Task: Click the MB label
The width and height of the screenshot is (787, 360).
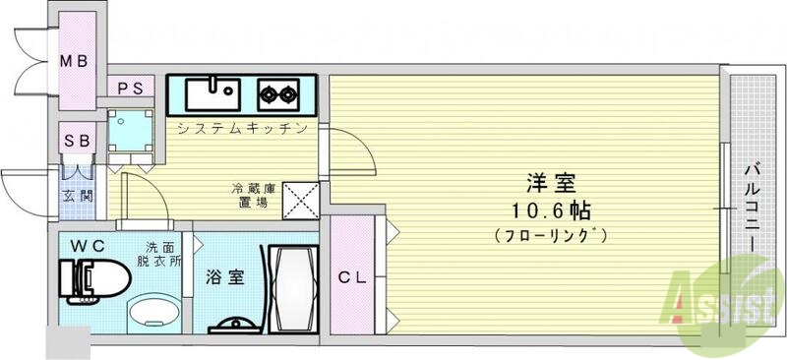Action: pos(76,62)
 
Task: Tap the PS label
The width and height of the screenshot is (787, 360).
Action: pos(131,88)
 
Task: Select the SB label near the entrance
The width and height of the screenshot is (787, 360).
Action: pos(77,140)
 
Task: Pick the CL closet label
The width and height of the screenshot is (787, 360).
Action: pos(351,277)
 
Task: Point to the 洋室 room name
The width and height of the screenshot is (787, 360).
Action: pos(550,183)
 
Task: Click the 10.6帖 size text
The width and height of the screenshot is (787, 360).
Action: pos(550,210)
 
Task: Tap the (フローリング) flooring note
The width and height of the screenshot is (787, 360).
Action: pos(550,235)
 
